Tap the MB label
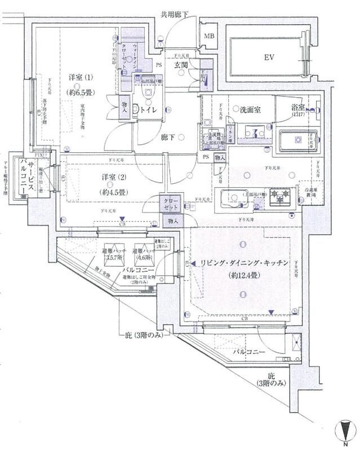tap(209, 37)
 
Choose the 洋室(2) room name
tap(113, 178)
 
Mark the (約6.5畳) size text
tap(81, 91)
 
